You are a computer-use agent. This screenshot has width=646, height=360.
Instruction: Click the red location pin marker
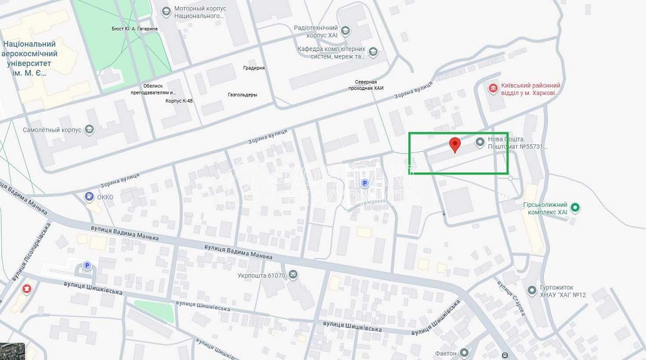[455, 145]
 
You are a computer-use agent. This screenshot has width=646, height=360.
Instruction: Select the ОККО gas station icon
[89, 196]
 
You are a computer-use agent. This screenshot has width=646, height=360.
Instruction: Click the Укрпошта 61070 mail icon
[293, 275]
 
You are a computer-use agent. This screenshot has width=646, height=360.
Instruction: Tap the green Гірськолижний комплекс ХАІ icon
[576, 207]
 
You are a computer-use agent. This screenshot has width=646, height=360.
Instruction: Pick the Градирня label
[254, 68]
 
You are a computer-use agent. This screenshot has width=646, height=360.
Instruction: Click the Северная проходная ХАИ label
[369, 85]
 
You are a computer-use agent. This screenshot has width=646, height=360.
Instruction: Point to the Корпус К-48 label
[179, 101]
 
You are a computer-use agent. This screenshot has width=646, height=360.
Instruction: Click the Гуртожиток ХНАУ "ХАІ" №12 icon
[532, 290]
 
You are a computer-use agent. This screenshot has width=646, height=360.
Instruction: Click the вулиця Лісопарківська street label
[31, 253]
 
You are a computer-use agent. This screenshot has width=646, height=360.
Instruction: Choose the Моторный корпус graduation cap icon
[166, 11]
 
